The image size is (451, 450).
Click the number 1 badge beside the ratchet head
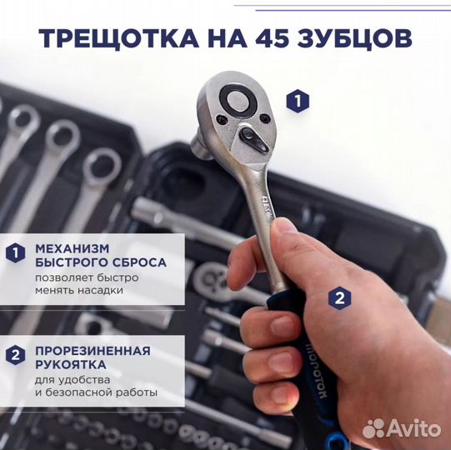click(297, 102)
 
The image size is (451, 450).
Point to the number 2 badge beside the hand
click(338, 297)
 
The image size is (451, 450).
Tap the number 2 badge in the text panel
click(14, 357)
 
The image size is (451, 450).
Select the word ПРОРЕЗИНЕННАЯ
click(93, 349)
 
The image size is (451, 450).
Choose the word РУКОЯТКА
click(70, 363)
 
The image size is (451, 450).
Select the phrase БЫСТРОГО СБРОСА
click(100, 262)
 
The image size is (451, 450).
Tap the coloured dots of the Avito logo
click(374, 428)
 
